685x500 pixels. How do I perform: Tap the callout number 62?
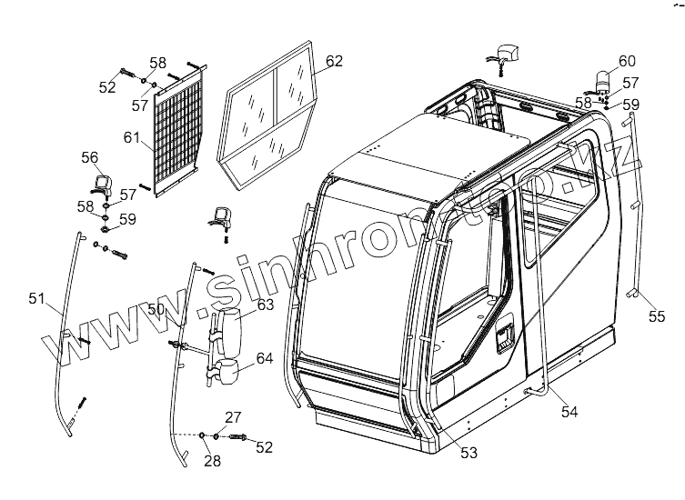[x=333, y=61]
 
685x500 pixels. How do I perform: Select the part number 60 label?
[x=627, y=61]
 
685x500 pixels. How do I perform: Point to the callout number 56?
[x=90, y=157]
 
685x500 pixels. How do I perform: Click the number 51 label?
[x=36, y=298]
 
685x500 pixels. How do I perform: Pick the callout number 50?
[x=156, y=309]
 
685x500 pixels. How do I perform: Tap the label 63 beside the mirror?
[x=265, y=305]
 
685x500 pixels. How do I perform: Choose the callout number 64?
[x=264, y=358]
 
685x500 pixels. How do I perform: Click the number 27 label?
[x=233, y=417]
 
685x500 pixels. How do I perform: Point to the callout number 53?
[x=468, y=451]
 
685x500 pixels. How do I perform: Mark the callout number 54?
[x=569, y=412]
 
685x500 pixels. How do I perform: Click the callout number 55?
[x=656, y=316]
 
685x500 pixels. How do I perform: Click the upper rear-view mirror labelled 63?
[x=227, y=328]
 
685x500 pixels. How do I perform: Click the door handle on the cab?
[x=504, y=337]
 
